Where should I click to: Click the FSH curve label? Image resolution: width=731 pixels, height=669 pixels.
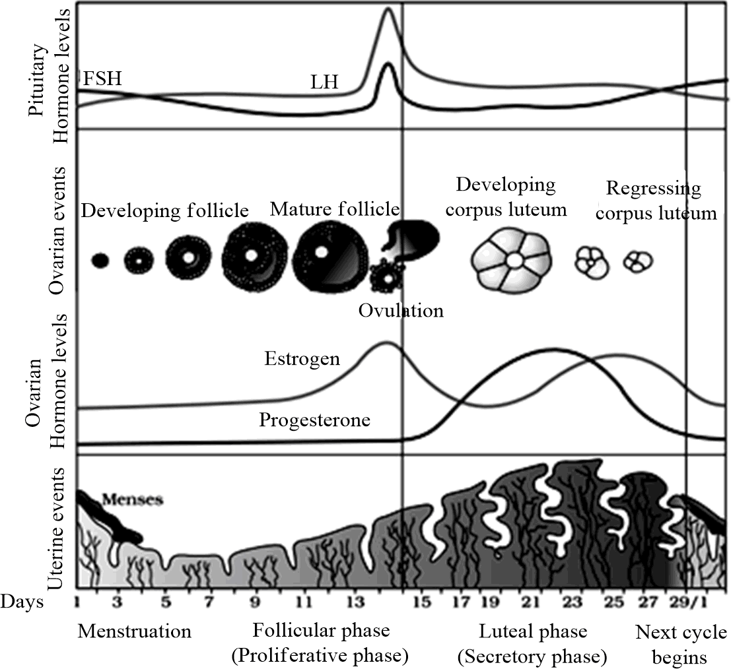[102, 79]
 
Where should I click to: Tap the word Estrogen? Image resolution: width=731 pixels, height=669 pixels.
[302, 359]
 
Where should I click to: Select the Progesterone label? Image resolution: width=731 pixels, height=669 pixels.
[314, 420]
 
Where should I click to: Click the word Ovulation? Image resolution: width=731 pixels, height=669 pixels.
[401, 309]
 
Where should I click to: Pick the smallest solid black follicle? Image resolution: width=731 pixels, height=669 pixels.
[100, 260]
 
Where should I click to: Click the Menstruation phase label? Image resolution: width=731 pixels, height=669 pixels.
[135, 631]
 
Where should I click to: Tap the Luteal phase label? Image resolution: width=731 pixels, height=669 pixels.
[532, 631]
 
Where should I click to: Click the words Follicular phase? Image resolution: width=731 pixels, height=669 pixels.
[321, 631]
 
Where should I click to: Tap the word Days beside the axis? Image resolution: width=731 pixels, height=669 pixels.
[22, 602]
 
